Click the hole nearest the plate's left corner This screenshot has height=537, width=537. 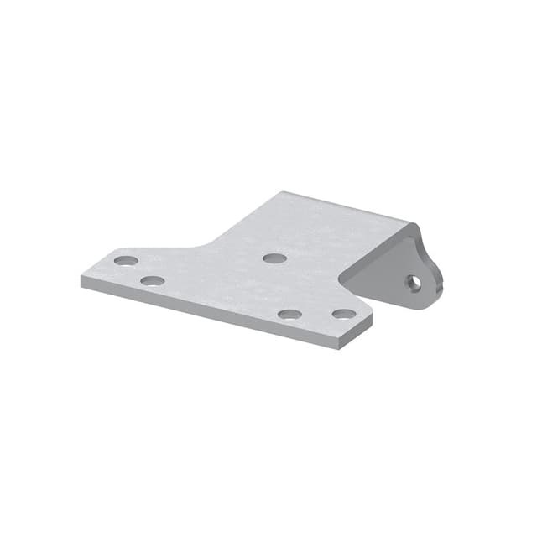click(126, 260)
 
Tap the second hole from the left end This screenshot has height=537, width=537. click(153, 280)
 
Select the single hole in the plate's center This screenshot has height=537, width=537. click(274, 258)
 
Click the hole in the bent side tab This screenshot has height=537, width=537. click(414, 284)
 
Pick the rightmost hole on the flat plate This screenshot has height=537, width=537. click(343, 314)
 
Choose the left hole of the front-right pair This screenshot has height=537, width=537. click(289, 315)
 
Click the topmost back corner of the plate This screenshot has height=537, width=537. click(277, 192)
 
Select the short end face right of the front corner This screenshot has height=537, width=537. click(356, 331)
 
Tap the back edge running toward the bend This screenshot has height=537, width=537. click(348, 208)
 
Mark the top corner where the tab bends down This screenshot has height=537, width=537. click(414, 224)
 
